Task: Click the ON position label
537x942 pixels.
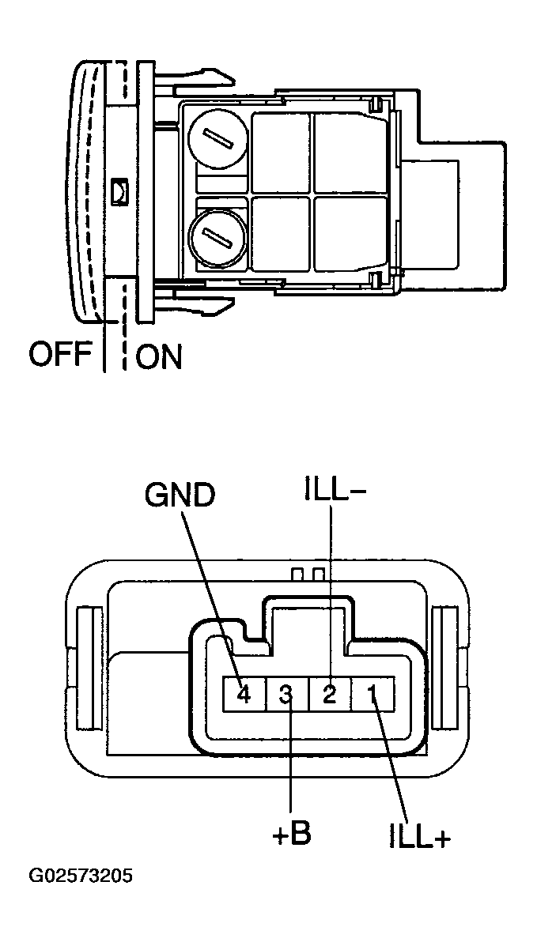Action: pos(159,356)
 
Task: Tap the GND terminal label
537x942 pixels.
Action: pos(180,495)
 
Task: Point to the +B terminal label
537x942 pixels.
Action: pos(291,835)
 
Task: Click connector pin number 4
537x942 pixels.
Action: pos(244,695)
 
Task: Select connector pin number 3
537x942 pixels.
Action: pos(286,695)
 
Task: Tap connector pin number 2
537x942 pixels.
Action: pos(329,695)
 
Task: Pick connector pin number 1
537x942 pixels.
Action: pos(370,695)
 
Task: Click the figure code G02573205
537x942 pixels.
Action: pos(81,876)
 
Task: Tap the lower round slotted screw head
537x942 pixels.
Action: pos(214,235)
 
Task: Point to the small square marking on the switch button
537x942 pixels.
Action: pos(119,190)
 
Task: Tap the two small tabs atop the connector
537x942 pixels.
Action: pos(308,572)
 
